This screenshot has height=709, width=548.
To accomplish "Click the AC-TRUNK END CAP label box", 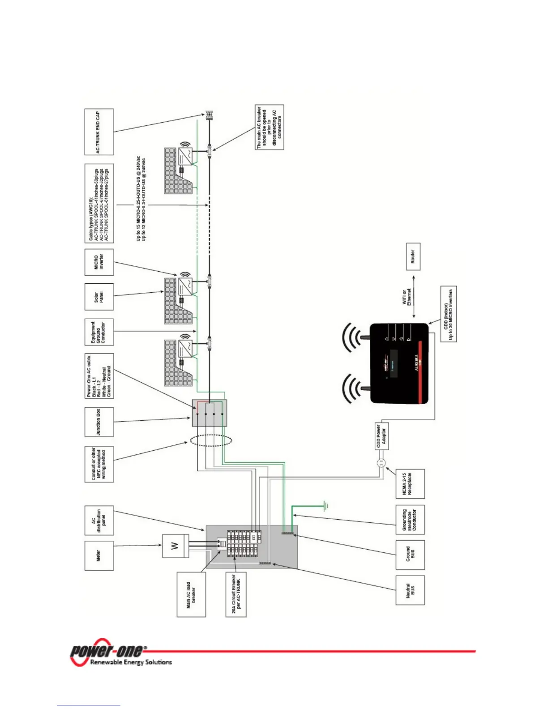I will [x=99, y=132].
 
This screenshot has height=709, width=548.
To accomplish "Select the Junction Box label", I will [x=99, y=422].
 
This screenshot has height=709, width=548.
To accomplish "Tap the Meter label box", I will [x=99, y=555].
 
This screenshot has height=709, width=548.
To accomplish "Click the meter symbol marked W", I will [x=176, y=546].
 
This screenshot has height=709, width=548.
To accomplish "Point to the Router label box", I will [x=413, y=256].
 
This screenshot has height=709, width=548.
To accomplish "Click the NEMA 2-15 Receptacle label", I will [x=410, y=484].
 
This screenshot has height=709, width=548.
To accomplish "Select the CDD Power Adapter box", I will [x=381, y=436].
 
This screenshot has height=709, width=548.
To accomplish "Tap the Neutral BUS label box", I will [x=410, y=590].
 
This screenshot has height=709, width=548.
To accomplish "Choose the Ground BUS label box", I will [x=410, y=555].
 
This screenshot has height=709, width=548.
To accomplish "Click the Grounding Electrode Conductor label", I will [x=410, y=520].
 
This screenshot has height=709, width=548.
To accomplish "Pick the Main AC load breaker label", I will [x=191, y=594].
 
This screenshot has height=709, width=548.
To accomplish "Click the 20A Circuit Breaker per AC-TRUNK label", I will [x=236, y=594].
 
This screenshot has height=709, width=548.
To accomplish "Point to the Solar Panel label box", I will [x=99, y=297].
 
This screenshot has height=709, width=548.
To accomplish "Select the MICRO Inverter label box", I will [x=99, y=262].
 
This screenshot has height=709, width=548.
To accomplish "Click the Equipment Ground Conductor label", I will [x=99, y=332].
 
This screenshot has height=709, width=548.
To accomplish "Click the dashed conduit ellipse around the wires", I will [x=211, y=440].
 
